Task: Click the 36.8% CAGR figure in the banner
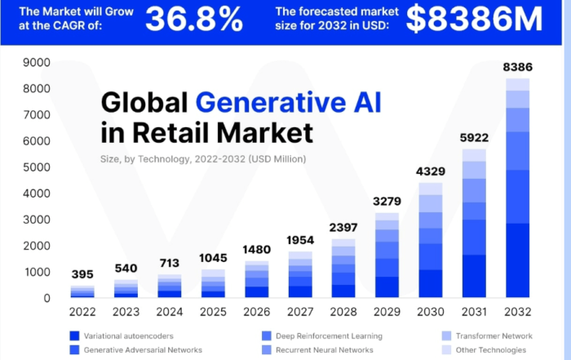(194, 19)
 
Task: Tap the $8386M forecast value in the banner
(474, 19)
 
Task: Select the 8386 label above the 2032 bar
(517, 67)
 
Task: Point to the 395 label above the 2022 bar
(82, 274)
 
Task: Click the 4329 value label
(431, 171)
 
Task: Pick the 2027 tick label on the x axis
(300, 312)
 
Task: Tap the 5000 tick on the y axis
(37, 167)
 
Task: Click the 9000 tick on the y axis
(37, 63)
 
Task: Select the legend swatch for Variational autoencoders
(74, 336)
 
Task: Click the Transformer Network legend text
(494, 336)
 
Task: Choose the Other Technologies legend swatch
(446, 350)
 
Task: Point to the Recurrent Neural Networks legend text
(325, 350)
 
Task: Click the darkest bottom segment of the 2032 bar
(517, 260)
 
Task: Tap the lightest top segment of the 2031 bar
(474, 155)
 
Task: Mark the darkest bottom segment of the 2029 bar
(387, 287)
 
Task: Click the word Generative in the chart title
(271, 102)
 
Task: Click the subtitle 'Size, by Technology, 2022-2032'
(173, 159)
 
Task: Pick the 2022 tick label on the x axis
(82, 312)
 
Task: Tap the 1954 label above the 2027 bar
(300, 240)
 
